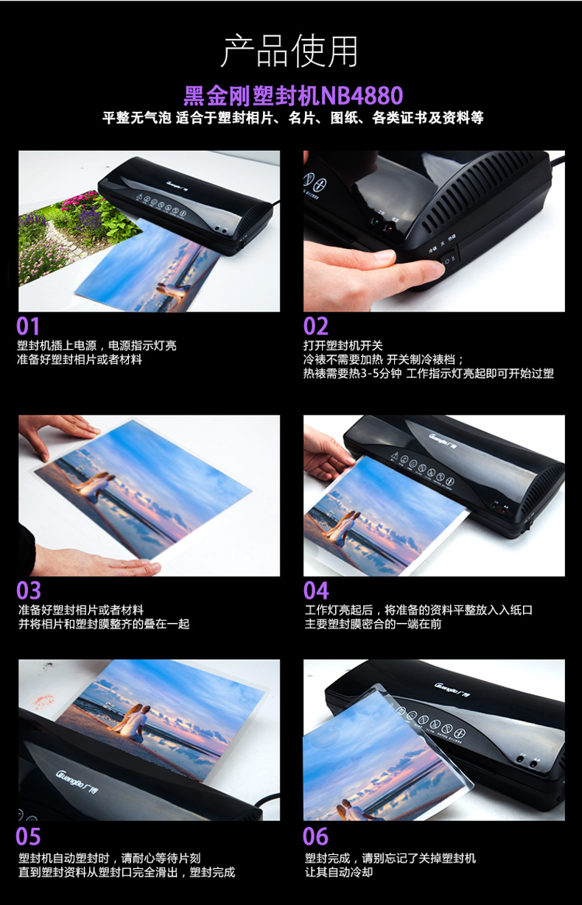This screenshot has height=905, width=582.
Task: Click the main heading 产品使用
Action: (290, 52)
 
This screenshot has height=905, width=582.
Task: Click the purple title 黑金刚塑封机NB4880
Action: (293, 95)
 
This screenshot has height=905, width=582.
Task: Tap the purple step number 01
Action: (28, 326)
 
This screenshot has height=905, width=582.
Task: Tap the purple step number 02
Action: (315, 326)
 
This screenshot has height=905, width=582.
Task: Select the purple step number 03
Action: (29, 591)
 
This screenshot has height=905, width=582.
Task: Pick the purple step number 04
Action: (316, 591)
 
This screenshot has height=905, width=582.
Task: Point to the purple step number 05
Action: (28, 837)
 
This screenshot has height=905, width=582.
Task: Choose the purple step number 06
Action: (315, 837)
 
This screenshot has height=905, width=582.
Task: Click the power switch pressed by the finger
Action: (449, 261)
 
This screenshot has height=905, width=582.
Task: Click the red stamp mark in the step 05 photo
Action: (43, 702)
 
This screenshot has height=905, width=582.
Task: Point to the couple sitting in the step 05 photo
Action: (133, 722)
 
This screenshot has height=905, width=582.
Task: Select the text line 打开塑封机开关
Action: (343, 345)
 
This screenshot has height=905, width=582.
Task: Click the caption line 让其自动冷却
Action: (339, 872)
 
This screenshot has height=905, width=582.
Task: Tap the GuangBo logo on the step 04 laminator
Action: (443, 440)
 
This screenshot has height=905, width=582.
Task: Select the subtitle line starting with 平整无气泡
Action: (292, 118)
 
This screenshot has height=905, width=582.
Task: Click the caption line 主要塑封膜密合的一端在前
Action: (373, 624)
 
